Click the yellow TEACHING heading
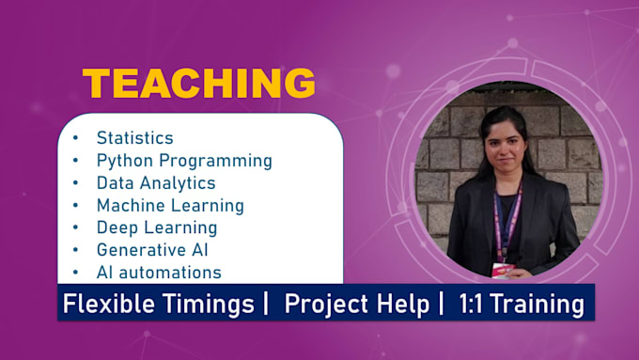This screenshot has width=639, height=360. click(x=199, y=83)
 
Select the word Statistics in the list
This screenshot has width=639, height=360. click(x=135, y=138)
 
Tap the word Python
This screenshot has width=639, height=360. click(x=125, y=161)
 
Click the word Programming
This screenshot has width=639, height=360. click(x=215, y=161)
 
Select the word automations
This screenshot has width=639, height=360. click(x=170, y=273)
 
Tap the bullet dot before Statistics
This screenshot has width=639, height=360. click(x=75, y=138)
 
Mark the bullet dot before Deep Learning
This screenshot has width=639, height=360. click(x=75, y=227)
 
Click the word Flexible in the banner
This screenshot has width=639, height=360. click(x=109, y=304)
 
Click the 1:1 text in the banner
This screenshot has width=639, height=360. click(x=472, y=305)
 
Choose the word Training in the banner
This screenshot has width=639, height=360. click(x=538, y=305)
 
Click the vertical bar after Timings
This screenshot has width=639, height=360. click(x=266, y=304)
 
